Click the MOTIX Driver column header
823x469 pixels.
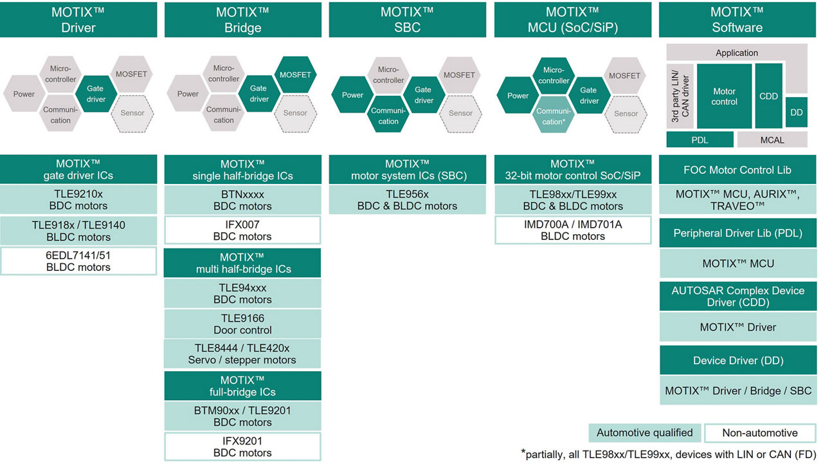coord(78,20)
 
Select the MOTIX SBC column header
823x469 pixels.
coord(407,20)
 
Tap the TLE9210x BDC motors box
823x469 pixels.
coord(78,199)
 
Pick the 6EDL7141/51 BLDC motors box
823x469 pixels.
coord(78,261)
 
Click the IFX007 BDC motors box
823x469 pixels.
coord(242,230)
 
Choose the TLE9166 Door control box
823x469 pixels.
coord(242,324)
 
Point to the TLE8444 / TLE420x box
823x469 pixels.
coord(242,354)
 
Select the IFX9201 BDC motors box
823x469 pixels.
coord(242,446)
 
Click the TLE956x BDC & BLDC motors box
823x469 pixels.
coord(407,199)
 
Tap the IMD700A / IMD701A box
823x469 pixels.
coord(572,230)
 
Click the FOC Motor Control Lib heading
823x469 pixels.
coord(737,170)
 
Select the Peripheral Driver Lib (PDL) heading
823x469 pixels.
coord(737,233)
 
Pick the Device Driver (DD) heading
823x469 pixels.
coord(737,360)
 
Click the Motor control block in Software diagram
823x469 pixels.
coord(724,97)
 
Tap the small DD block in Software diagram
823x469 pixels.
coord(797,112)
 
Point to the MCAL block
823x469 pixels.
coord(772,140)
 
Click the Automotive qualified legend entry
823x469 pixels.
coord(644,433)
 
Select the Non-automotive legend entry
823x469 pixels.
coord(759,433)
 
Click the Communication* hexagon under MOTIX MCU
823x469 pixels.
coord(553,116)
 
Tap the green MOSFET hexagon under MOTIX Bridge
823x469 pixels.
coord(295,75)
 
